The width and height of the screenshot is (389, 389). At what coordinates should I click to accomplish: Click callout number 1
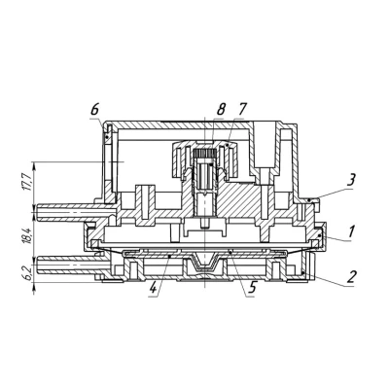click(351, 231)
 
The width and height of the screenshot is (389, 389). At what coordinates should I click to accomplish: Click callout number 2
click(351, 276)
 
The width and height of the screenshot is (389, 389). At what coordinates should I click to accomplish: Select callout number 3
click(351, 180)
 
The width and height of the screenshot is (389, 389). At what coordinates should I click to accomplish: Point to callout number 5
click(253, 287)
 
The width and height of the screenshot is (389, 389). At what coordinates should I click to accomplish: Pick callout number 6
click(94, 110)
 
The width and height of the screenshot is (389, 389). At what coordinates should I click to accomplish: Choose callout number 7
click(241, 110)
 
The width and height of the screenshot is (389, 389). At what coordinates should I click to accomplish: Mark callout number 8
click(221, 110)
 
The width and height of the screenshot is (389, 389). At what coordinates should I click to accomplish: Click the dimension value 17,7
click(27, 182)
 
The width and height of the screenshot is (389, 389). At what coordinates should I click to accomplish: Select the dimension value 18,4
click(27, 235)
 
